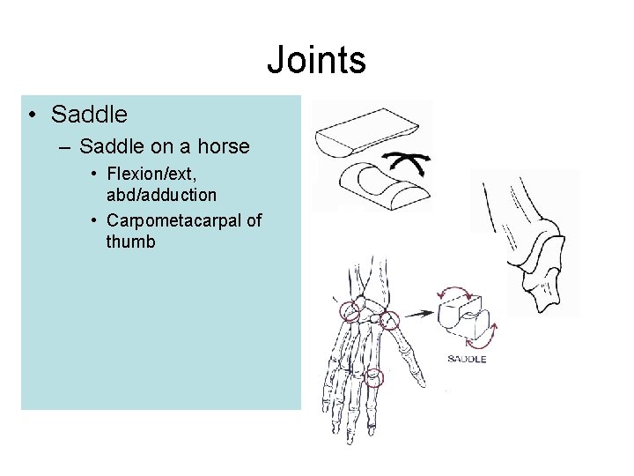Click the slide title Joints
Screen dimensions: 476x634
pos(316,60)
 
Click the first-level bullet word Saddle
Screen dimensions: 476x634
pos(89,115)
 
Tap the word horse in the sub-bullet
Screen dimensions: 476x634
pos(224,146)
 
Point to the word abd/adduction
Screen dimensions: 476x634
pos(161,194)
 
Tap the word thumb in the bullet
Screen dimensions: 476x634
pos(130,241)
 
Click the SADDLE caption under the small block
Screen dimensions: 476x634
pos(467,359)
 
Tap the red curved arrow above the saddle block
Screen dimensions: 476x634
pos(456,292)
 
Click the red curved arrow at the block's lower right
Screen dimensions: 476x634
pos(493,336)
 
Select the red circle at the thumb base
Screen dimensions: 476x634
pos(388,321)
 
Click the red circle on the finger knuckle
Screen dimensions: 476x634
pos(375,377)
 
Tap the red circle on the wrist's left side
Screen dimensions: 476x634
pos(350,310)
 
